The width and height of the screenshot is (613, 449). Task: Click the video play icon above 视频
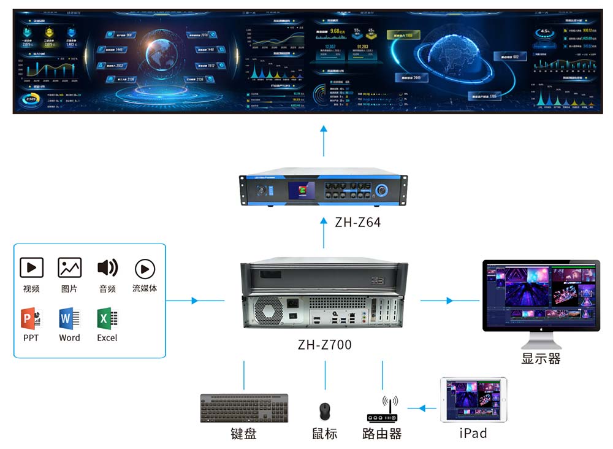click(x=31, y=267)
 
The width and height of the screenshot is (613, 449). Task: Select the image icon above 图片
click(x=69, y=267)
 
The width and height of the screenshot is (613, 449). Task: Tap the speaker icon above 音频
click(x=107, y=267)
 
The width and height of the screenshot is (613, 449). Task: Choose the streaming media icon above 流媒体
click(x=145, y=269)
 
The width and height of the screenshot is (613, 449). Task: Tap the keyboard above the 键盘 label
click(x=244, y=408)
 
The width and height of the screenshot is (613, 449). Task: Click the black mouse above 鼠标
click(x=325, y=410)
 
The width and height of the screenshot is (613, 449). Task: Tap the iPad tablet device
click(x=473, y=399)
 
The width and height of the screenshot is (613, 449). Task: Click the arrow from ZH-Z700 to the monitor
click(x=450, y=301)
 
